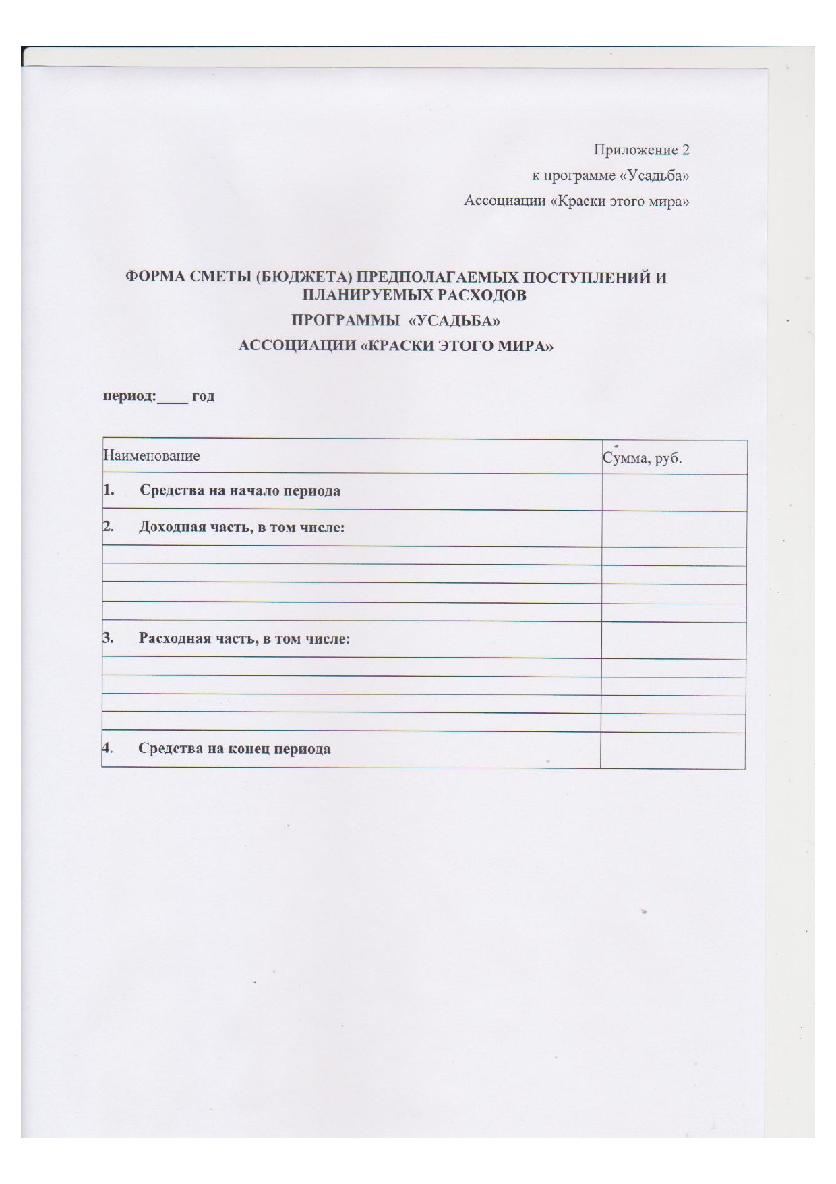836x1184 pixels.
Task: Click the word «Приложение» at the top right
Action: point(634,150)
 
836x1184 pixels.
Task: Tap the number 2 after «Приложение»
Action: point(685,150)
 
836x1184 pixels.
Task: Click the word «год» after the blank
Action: point(204,397)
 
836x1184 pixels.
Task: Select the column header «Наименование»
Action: point(152,456)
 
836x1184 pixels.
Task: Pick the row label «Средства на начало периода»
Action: point(240,491)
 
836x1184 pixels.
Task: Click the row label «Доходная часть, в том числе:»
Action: point(241,527)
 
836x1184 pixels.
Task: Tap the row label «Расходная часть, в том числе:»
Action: point(244,638)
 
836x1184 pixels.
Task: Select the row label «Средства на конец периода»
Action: point(235,749)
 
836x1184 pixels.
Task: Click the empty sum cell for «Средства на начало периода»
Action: point(674,492)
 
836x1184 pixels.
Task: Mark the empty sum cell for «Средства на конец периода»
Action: point(672,750)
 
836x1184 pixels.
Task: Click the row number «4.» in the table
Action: point(107,748)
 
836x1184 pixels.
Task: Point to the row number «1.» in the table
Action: point(108,490)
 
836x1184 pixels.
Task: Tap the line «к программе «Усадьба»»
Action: point(610,176)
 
